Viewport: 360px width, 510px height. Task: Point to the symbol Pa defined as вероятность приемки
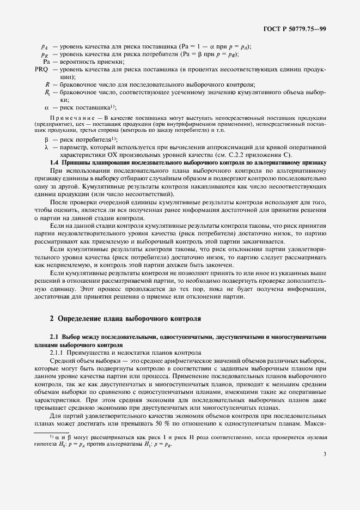click(x=46, y=62)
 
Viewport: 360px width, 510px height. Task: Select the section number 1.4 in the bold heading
click(x=54, y=162)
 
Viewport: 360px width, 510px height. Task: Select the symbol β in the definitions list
click(x=47, y=139)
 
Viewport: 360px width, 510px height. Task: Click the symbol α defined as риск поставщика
click(x=47, y=108)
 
